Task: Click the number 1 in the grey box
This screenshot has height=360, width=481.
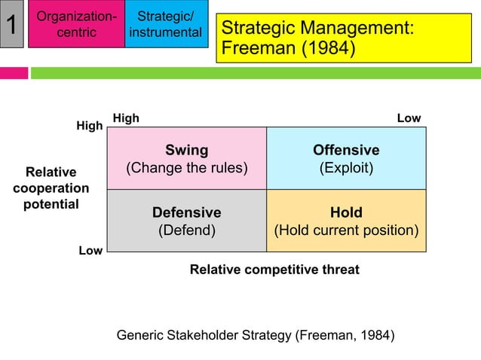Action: [x=11, y=26]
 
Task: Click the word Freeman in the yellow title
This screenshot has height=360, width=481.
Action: [x=256, y=49]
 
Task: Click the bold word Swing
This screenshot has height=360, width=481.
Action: [x=187, y=150]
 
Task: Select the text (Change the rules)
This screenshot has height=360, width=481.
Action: [x=187, y=167]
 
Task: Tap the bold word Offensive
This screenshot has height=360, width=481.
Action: [x=346, y=150]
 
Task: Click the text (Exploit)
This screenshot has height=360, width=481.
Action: [x=346, y=167]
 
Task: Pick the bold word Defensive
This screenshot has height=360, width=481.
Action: [x=187, y=212]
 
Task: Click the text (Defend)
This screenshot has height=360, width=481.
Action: [x=187, y=230]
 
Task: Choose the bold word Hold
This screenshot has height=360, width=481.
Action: [x=346, y=212]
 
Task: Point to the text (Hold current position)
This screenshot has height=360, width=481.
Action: [x=346, y=230]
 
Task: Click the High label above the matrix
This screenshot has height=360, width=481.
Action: [x=126, y=118]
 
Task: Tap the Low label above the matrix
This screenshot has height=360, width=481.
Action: [x=409, y=118]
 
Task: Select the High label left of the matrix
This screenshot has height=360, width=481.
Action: [x=90, y=127]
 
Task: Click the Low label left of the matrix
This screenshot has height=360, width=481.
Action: [x=90, y=251]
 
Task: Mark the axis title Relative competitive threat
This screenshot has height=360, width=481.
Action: [x=274, y=269]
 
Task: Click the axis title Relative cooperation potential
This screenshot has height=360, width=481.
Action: [x=51, y=188]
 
